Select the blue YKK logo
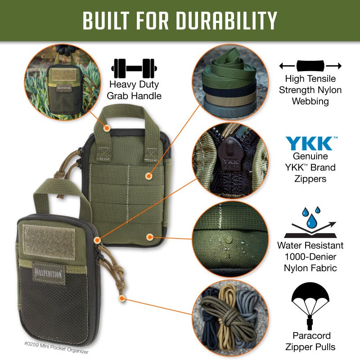coord(310,144)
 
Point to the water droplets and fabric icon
coord(310,223)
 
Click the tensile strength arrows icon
coord(310,66)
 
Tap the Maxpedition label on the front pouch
coord(49,272)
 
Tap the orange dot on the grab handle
coord(107,128)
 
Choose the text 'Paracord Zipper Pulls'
coord(310,341)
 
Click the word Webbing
coord(310,101)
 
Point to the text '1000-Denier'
coord(310,257)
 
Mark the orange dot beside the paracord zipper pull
coord(121,297)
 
